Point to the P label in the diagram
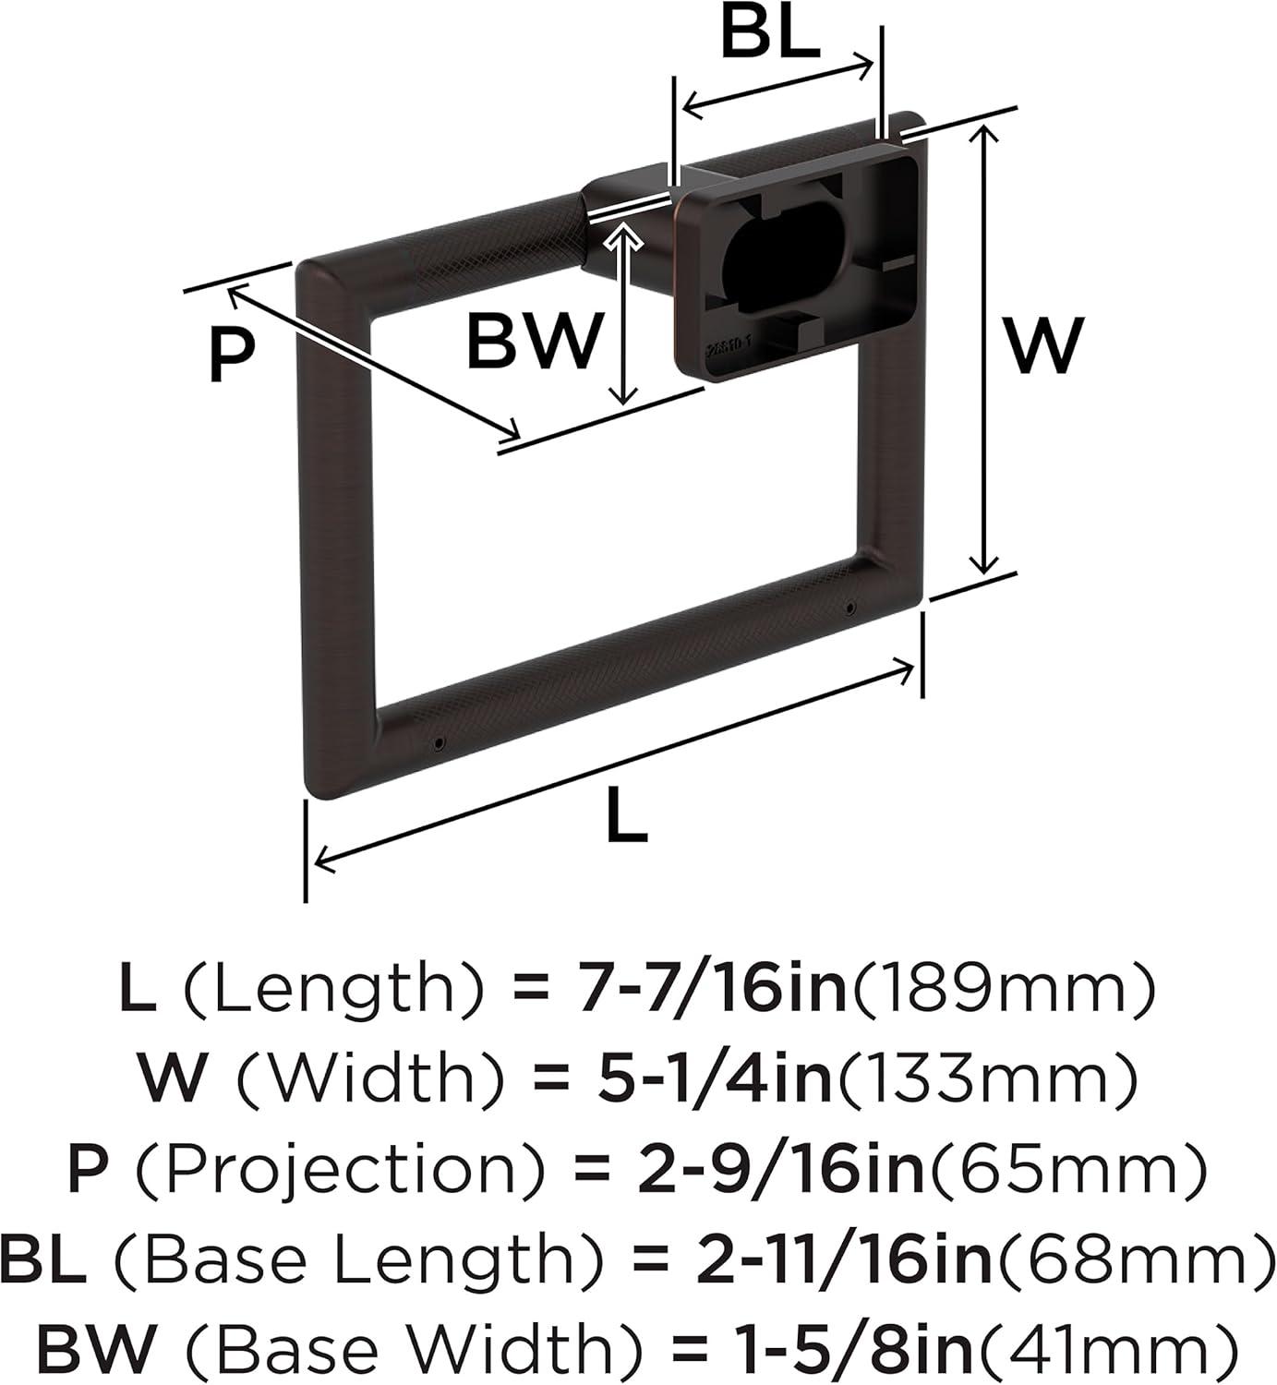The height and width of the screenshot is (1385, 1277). coord(231,355)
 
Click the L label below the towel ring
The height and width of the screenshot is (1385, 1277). coord(627,817)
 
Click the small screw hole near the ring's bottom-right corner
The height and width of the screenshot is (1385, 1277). coord(849,608)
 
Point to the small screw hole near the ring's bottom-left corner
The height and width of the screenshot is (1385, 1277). coord(438,742)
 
